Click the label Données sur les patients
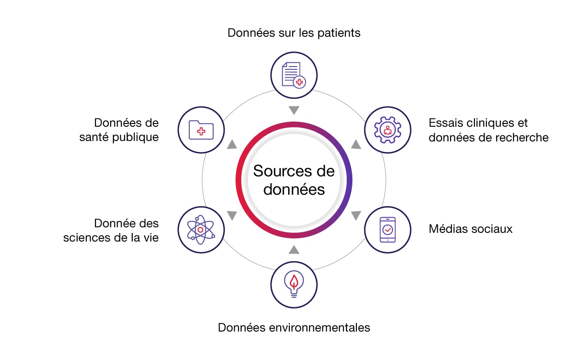click(x=294, y=33)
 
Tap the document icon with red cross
click(x=294, y=75)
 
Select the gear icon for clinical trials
click(x=387, y=129)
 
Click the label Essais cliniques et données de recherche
click(x=488, y=130)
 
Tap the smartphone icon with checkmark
click(x=387, y=229)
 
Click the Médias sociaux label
click(x=470, y=229)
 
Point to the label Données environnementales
click(x=294, y=327)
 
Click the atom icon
click(x=201, y=229)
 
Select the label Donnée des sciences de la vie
click(x=111, y=231)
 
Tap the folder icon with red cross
click(x=201, y=129)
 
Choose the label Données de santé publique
click(x=126, y=130)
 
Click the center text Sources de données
click(x=294, y=180)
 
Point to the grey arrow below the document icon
click(x=294, y=110)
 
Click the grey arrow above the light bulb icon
click(x=294, y=249)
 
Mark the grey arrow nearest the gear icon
click(x=356, y=145)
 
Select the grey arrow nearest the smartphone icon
click(x=356, y=215)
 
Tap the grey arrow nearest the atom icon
click(x=232, y=215)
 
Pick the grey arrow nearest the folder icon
click(x=232, y=145)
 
